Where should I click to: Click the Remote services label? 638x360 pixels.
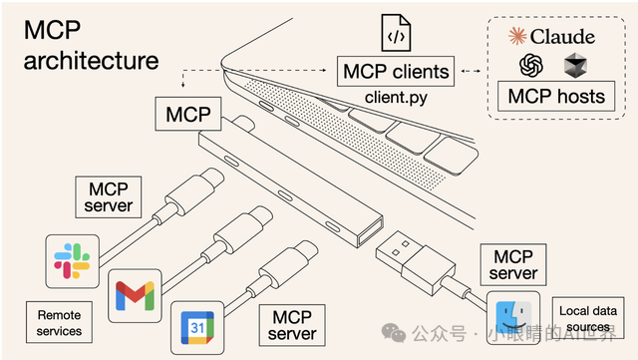pos(53,322)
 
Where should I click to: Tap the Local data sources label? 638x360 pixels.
pos(588,318)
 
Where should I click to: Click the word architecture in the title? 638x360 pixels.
pos(91,60)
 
